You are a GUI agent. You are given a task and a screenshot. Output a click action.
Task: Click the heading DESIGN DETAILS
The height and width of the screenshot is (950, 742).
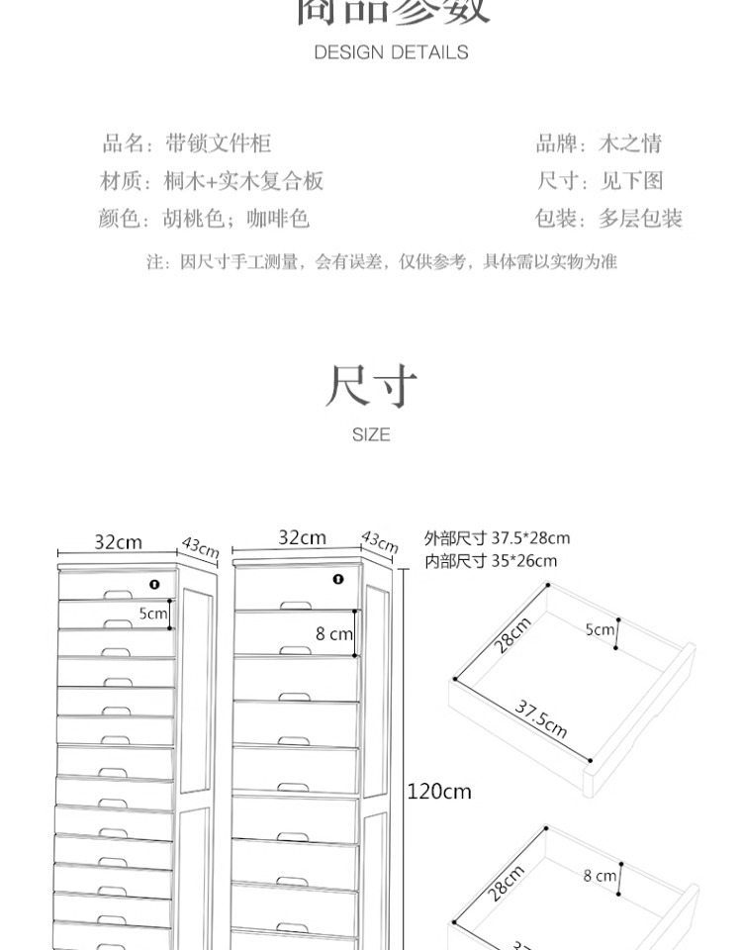point(391,52)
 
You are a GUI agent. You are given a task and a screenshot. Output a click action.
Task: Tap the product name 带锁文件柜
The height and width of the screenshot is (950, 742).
point(218,143)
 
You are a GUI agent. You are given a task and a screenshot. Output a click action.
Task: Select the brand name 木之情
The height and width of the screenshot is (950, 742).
point(630,143)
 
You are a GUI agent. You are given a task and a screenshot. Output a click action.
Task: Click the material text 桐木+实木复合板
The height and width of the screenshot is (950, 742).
point(243,181)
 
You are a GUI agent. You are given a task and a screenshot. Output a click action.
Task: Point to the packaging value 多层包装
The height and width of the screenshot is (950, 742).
point(640,219)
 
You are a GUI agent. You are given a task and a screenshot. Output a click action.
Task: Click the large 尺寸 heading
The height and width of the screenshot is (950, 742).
point(371,387)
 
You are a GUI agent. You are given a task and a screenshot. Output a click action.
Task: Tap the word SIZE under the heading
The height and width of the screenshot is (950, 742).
point(371,434)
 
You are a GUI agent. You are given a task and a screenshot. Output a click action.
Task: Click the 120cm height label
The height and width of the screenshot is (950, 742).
point(439,791)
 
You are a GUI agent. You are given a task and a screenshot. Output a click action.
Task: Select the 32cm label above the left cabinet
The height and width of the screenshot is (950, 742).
point(118,542)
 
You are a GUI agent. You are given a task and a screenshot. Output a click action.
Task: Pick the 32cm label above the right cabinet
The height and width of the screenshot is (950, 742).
point(302,537)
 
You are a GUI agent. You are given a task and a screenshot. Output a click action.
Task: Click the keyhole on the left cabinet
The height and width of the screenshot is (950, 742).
point(155,584)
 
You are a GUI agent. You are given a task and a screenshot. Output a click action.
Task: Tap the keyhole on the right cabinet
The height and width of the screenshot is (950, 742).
point(338,579)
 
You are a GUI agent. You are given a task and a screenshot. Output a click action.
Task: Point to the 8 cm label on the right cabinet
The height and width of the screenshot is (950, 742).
point(333,633)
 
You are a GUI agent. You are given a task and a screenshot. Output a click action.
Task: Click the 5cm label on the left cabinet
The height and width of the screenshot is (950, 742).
point(152,614)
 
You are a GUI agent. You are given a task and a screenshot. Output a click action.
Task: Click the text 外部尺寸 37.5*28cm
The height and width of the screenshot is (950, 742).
point(497,538)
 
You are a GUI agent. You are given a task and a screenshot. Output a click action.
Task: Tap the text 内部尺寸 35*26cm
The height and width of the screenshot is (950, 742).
point(490,561)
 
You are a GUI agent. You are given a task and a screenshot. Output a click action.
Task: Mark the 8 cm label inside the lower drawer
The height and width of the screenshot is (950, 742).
point(599,875)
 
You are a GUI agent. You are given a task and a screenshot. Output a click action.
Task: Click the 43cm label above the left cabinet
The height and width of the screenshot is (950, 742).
point(199,548)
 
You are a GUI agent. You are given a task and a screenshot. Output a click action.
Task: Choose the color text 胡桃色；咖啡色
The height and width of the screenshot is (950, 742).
point(236,219)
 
